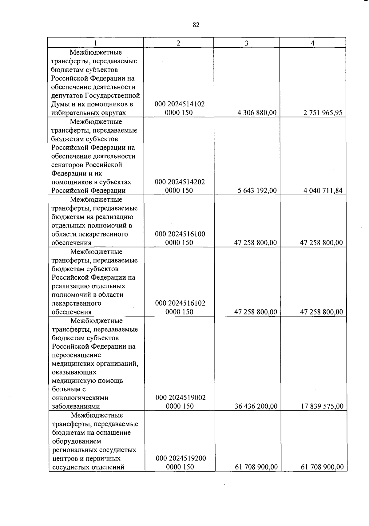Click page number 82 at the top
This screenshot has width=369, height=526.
[x=196, y=25]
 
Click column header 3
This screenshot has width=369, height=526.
[x=247, y=43]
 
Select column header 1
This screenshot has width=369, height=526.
[x=96, y=43]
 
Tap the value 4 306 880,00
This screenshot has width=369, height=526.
[x=257, y=113]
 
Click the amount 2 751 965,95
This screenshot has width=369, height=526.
[x=323, y=113]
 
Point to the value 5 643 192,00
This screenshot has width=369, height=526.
[x=257, y=191]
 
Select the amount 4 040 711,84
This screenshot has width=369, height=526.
[x=323, y=191]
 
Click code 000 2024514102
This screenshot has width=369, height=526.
[x=180, y=104]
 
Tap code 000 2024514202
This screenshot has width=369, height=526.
[x=180, y=182]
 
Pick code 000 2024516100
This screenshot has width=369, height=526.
[x=180, y=234]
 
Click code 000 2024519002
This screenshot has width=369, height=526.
[x=181, y=398]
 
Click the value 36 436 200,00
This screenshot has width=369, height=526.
[x=256, y=406]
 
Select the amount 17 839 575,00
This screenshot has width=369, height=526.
[x=322, y=406]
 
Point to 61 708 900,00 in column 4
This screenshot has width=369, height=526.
[x=322, y=467]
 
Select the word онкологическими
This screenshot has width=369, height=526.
[x=80, y=398]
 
